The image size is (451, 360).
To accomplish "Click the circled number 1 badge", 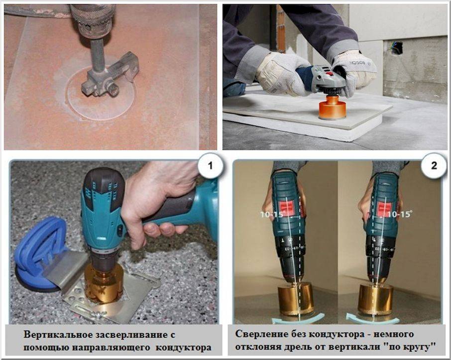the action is pos(210,166).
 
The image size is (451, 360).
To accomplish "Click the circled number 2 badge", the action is pos(434,166).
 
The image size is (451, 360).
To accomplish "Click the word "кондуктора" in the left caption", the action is pos(184,348).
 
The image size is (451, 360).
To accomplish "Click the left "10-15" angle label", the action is pos(272,215).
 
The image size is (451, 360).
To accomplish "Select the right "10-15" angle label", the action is pos(399,214).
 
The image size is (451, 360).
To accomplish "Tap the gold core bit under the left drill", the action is pos(295,299).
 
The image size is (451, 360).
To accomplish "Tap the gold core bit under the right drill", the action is pos(375,300).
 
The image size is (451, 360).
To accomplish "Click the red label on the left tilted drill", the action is pos(286,208).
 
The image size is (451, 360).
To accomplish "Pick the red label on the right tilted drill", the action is pos(384,209).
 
